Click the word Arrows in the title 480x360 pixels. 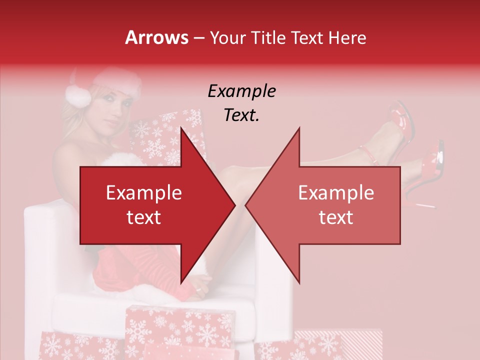click(157, 38)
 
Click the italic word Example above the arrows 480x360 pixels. click(241, 91)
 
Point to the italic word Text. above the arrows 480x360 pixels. click(241, 115)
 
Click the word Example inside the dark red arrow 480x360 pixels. click(144, 193)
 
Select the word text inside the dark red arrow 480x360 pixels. click(144, 217)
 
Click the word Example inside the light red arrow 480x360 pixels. click(336, 193)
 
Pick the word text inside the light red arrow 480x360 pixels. click(336, 217)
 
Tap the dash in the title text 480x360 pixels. click(198, 38)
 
